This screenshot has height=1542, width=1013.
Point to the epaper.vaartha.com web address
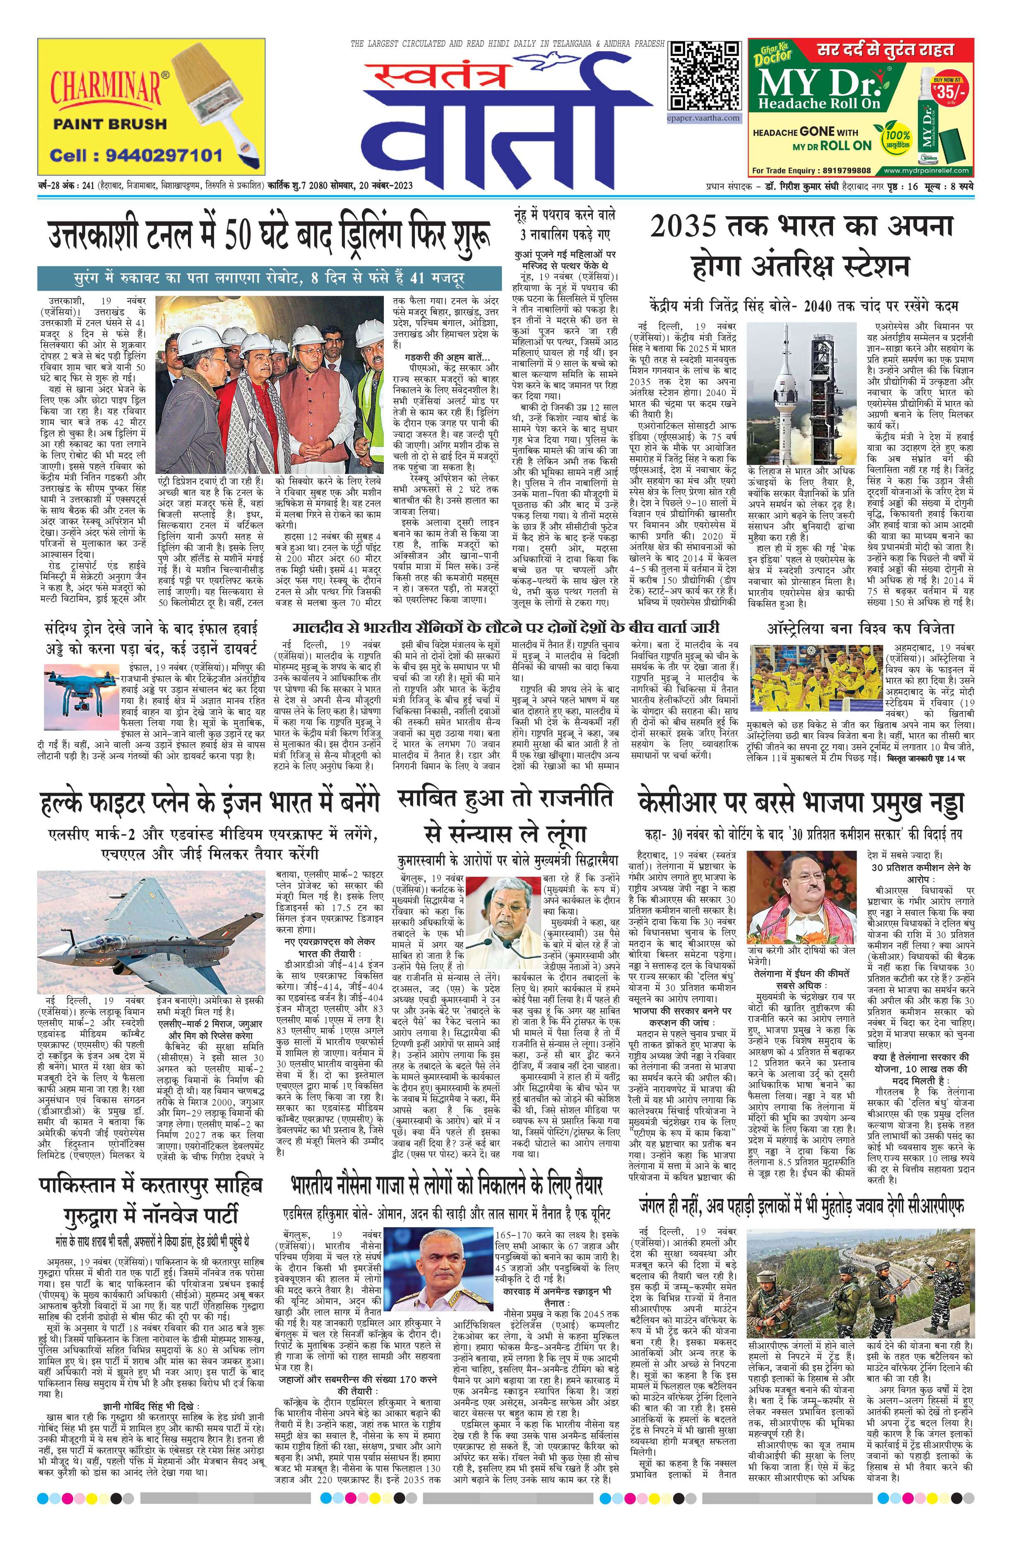(705, 118)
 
